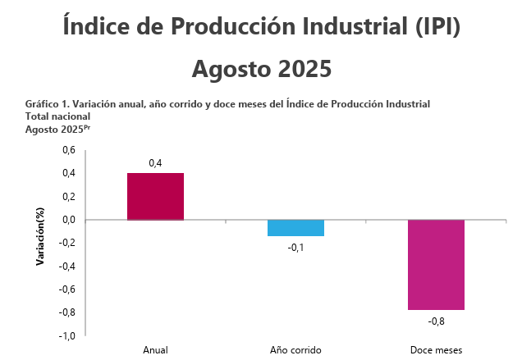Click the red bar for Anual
coord(155,197)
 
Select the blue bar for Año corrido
coord(295,228)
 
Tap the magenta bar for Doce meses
coord(437,265)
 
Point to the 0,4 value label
coord(155,164)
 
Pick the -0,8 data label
coord(437,321)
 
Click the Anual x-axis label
coord(155,350)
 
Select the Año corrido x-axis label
coord(295,350)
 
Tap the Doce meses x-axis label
coord(437,350)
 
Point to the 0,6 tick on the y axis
coord(69,151)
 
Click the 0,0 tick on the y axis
coord(69,220)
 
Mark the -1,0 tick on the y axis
coord(67,335)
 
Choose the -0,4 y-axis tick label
coord(67,266)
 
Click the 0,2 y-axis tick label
coord(69,197)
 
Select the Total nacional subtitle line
coord(58,116)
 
